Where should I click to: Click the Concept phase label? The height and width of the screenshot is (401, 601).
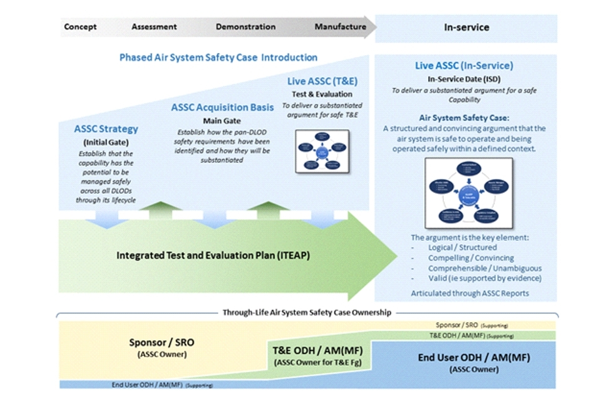80,27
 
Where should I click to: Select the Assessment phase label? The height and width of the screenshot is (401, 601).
154,27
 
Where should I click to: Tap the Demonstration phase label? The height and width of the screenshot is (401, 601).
245,27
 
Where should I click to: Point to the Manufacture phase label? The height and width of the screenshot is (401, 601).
340,27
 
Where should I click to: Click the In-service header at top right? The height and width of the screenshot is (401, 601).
466,28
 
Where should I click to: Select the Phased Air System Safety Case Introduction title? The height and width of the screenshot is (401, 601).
218,58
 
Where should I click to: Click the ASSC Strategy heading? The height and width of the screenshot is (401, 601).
106,130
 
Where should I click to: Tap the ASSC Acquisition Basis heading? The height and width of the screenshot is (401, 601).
222,108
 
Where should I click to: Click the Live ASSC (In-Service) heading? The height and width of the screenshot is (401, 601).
464,66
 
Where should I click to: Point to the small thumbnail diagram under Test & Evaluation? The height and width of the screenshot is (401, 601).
322,151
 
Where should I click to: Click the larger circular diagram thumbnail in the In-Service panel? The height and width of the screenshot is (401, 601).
468,192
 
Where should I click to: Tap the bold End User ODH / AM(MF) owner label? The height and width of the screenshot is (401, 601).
473,358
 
